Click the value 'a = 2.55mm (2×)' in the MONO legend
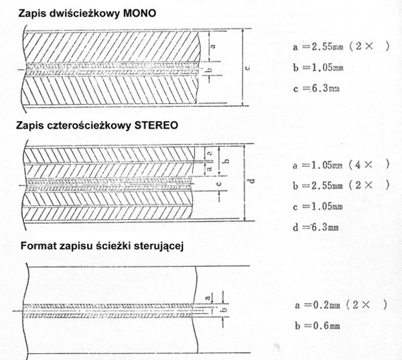pyautogui.click(x=340, y=48)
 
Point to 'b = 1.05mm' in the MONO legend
pyautogui.click(x=318, y=67)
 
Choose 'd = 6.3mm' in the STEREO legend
pyautogui.click(x=316, y=227)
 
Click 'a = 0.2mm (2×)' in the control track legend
pyautogui.click(x=340, y=305)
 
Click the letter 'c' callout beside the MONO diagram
pyautogui.click(x=247, y=67)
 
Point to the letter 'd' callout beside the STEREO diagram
pyautogui.click(x=249, y=181)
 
